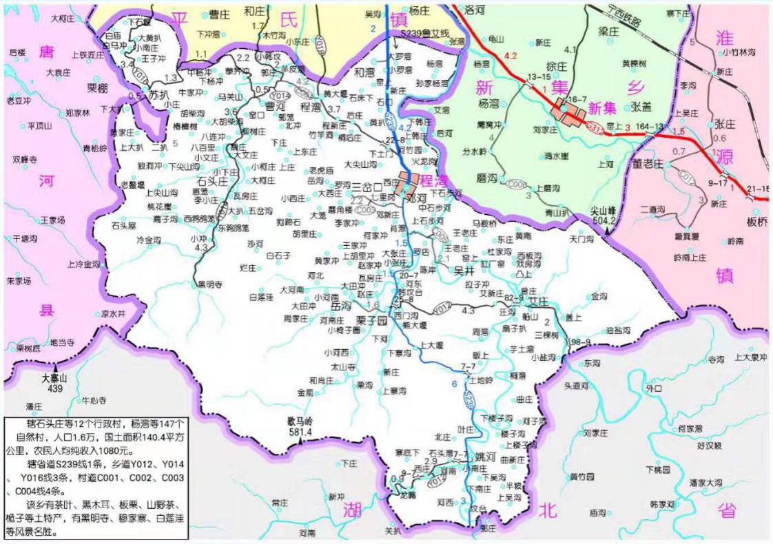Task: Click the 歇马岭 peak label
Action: click(x=300, y=421)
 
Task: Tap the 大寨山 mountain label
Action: click(x=54, y=379)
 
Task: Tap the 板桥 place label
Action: click(x=756, y=222)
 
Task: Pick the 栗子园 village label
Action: click(x=372, y=321)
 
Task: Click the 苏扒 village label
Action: click(x=158, y=94)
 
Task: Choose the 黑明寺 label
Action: click(x=210, y=284)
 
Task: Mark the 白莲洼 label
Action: click(x=262, y=297)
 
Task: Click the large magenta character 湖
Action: click(x=353, y=510)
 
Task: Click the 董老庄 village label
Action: click(x=648, y=163)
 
